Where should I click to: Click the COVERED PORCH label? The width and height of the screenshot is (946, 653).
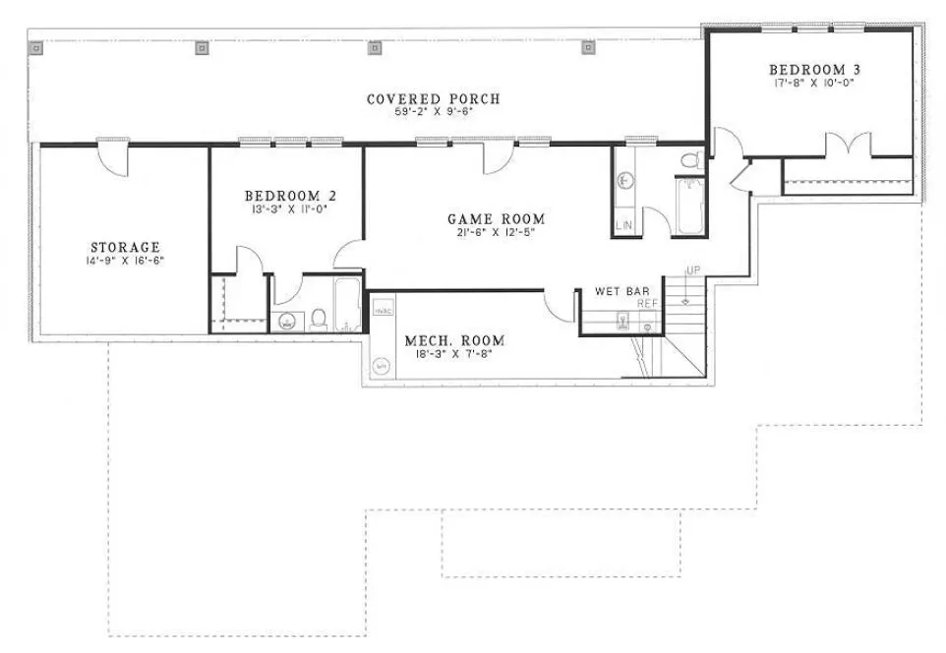point(433,99)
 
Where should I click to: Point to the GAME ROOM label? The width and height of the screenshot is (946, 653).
point(496,219)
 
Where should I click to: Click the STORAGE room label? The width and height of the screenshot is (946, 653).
point(125,247)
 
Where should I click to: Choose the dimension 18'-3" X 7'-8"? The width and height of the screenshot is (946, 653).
point(453,355)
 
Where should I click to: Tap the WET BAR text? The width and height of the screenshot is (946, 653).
point(621,292)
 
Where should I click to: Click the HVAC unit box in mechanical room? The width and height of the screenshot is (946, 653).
point(383,310)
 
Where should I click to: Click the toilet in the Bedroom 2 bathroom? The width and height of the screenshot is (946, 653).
point(318,318)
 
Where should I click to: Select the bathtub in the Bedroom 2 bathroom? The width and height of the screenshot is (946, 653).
point(348,305)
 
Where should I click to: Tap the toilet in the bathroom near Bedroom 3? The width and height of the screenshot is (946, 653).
point(689,161)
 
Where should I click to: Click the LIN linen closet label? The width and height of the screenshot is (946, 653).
point(623,226)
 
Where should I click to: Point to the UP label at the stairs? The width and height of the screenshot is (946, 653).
point(693,270)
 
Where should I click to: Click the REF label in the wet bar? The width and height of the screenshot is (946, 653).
point(646,304)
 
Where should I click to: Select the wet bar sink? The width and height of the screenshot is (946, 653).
point(622,320)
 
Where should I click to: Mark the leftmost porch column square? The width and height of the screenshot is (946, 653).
point(36,47)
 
